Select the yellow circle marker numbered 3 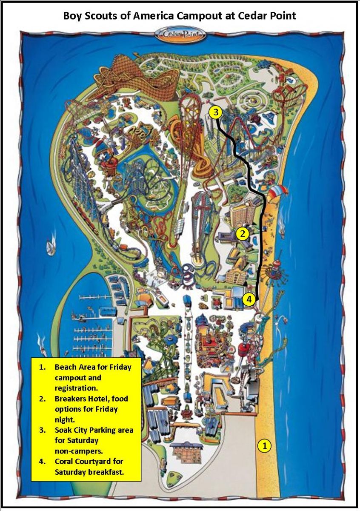click(x=216, y=112)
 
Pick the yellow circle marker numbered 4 click(x=249, y=299)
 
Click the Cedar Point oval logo click(x=180, y=34)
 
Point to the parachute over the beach click(x=277, y=192)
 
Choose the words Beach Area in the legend click(x=73, y=367)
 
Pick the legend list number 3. click(x=41, y=430)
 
